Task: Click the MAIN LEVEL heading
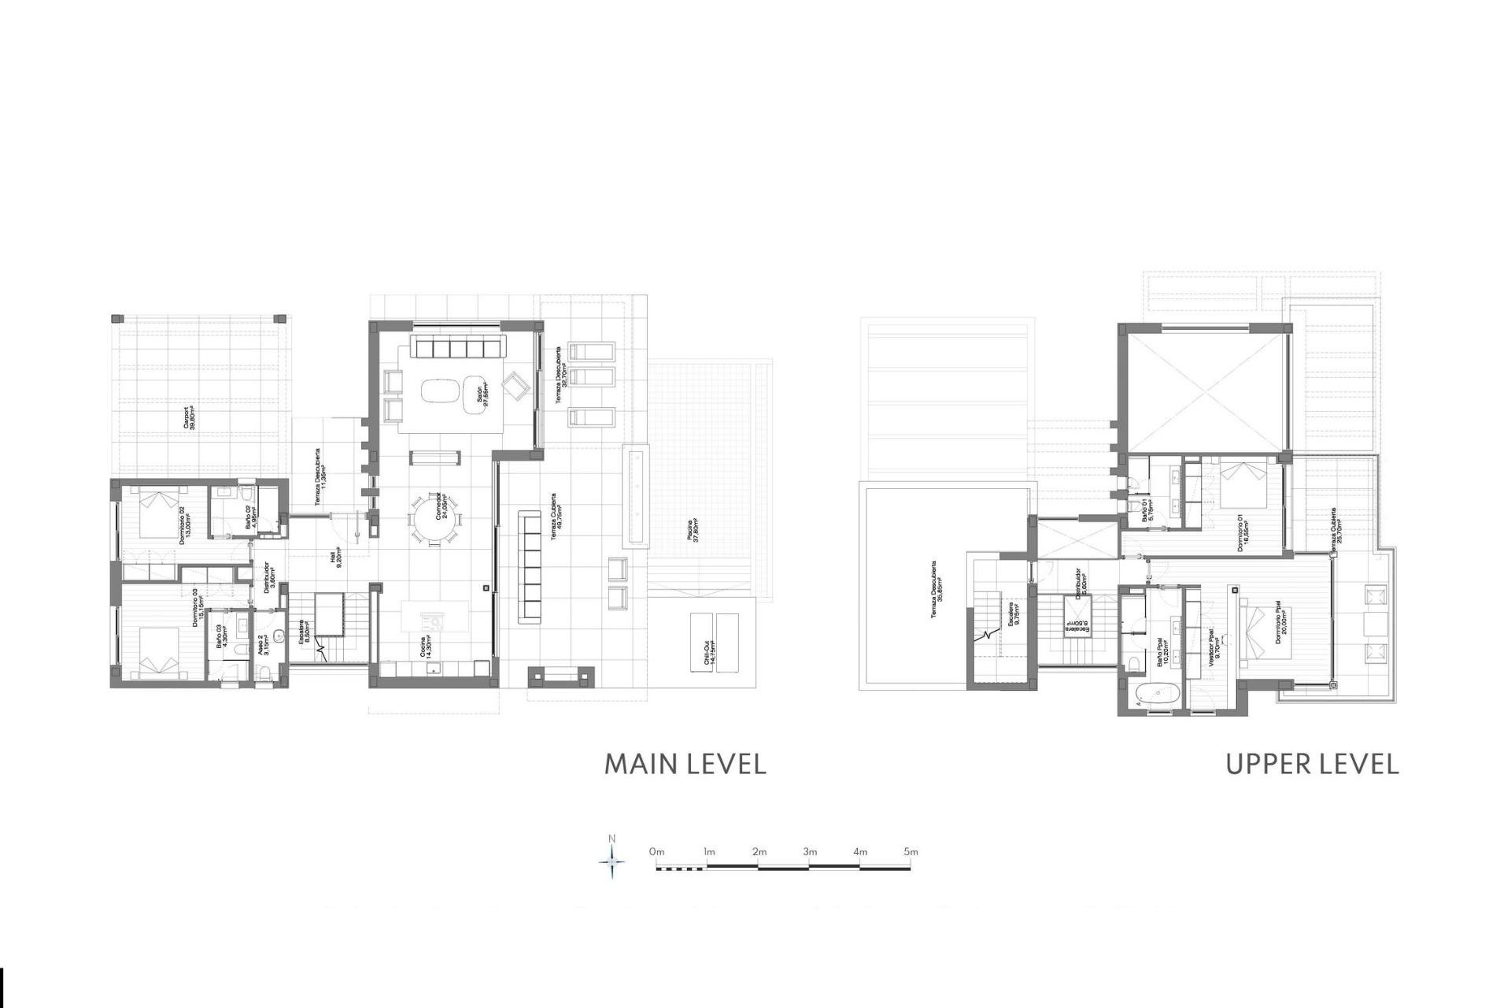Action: [685, 765]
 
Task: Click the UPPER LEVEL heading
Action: [1312, 765]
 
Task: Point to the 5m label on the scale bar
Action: [911, 852]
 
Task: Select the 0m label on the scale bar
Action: [657, 852]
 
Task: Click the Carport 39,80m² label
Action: [190, 417]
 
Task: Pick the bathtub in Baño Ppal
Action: [1157, 694]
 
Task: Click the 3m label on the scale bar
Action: [810, 852]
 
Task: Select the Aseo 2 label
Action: [264, 646]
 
